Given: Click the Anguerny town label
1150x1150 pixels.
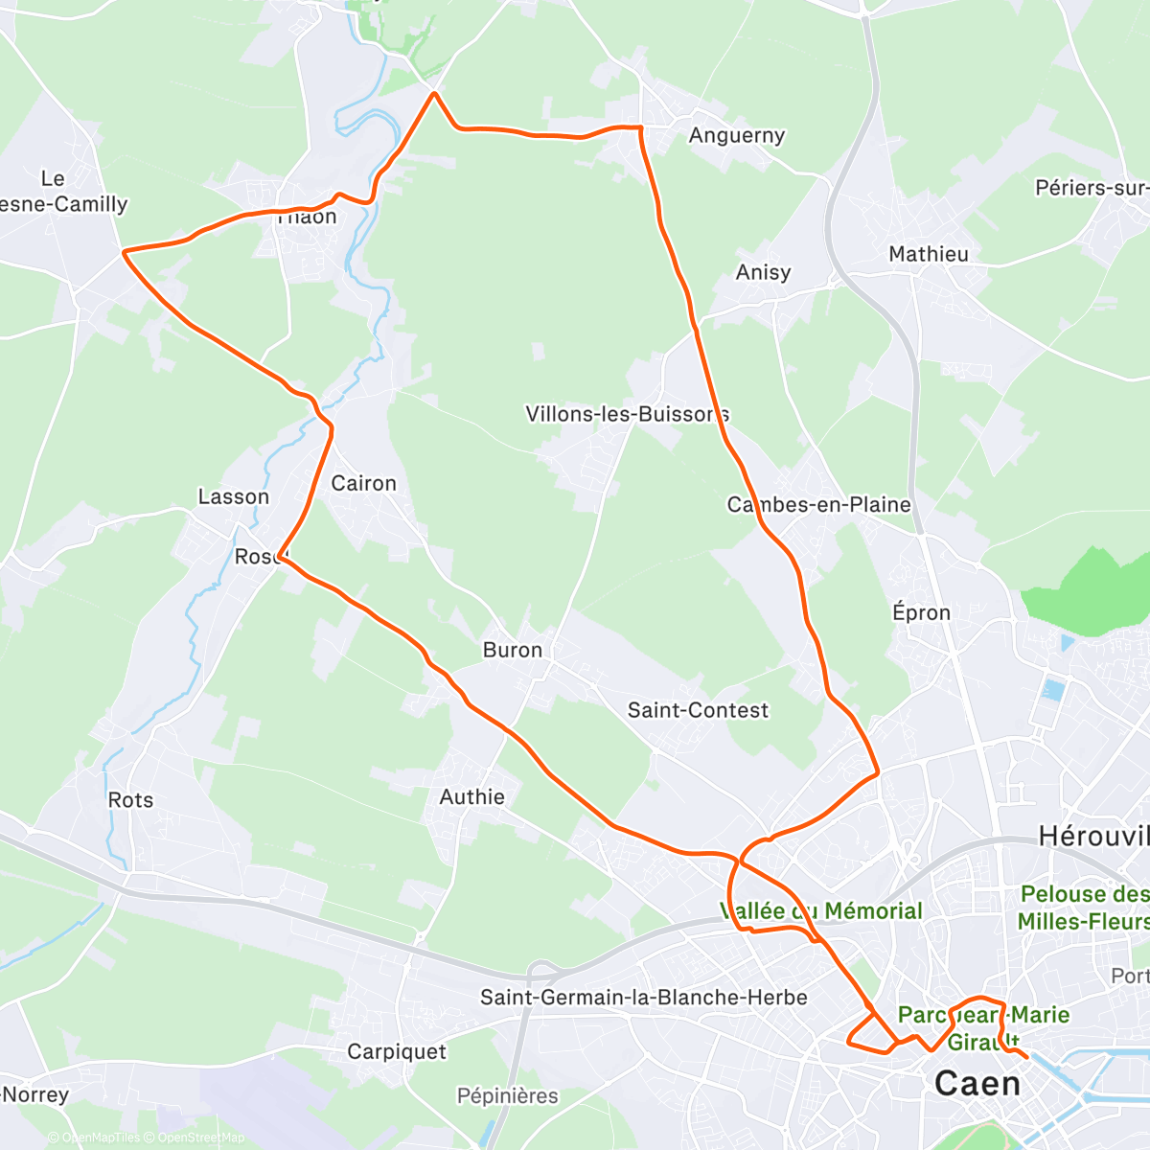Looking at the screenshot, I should [x=736, y=136].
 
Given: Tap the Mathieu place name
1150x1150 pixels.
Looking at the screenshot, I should [x=928, y=254].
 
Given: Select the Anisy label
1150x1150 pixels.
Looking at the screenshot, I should [x=763, y=272].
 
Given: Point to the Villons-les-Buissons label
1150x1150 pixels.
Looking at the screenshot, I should [x=627, y=414].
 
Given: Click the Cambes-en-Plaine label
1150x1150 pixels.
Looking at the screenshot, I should [x=818, y=504].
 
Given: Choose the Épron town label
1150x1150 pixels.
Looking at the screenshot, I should [x=921, y=612].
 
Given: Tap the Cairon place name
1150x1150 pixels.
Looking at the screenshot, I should [x=363, y=483].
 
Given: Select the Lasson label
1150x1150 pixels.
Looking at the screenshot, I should [x=233, y=496].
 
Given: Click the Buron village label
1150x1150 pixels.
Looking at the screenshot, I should [x=512, y=650].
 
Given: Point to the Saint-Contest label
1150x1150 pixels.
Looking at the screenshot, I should [x=698, y=710].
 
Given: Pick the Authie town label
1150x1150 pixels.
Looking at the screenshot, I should [x=471, y=796].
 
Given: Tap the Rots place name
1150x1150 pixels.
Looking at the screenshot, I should [x=130, y=799].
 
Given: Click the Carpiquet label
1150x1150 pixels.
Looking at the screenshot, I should [x=397, y=1051].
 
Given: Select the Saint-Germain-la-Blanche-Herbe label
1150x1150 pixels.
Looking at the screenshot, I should [x=643, y=998].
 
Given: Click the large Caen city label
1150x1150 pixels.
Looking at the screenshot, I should [x=977, y=1084].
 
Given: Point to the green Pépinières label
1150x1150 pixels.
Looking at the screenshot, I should [x=507, y=1095].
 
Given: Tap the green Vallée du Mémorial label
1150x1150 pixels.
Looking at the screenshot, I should [x=821, y=910].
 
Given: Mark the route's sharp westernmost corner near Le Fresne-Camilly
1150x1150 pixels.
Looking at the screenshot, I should [x=125, y=252].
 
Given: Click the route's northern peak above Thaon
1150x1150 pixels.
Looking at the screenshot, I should [x=434, y=93].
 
